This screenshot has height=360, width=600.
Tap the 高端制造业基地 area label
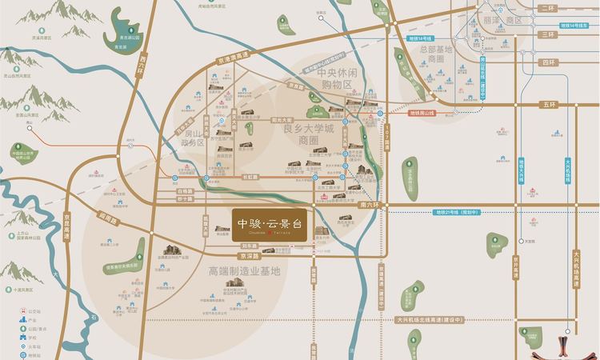pyautogui.click(x=244, y=271)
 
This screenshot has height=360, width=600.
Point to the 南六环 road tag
pyautogui.click(x=370, y=205)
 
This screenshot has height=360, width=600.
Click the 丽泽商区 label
pyautogui.click(x=498, y=18)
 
